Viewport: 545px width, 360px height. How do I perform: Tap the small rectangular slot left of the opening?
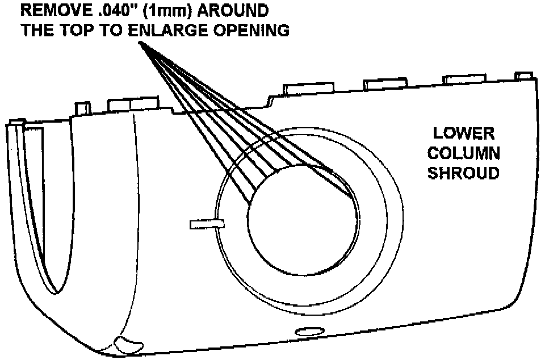coord(207,225)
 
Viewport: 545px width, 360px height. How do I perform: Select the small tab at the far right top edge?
coord(523,76)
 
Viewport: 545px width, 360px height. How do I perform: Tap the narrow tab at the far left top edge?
coord(83,108)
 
